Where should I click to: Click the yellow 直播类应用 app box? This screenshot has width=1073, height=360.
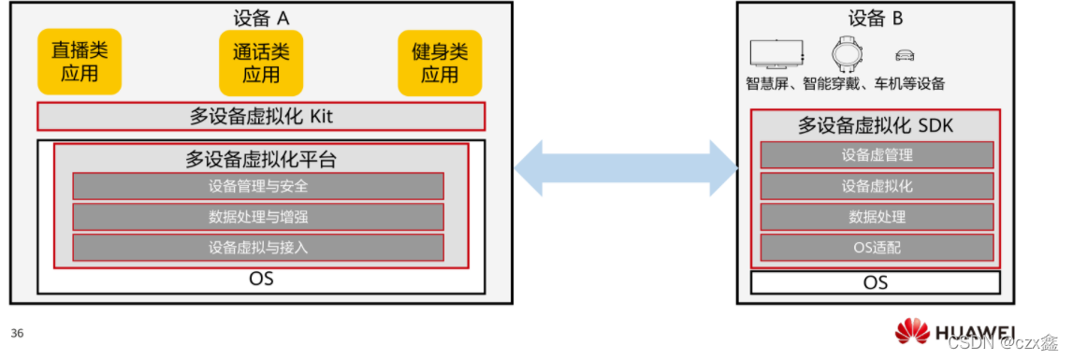click(80, 62)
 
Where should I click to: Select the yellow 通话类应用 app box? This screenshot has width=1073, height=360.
click(261, 63)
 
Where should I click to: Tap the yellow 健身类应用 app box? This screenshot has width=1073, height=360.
click(440, 63)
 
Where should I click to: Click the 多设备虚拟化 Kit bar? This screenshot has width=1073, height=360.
click(261, 117)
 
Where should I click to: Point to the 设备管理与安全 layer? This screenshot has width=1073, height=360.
click(258, 186)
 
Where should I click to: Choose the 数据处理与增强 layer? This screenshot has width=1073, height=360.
click(258, 217)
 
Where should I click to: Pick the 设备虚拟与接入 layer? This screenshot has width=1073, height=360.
click(258, 248)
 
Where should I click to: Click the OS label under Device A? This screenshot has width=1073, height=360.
click(261, 280)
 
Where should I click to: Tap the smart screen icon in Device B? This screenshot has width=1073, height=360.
click(776, 54)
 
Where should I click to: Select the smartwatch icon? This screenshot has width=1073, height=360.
click(848, 53)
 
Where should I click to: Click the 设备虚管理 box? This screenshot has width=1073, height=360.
click(876, 155)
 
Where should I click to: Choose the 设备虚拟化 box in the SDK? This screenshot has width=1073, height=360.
click(876, 186)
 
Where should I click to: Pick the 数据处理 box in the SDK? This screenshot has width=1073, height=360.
click(876, 217)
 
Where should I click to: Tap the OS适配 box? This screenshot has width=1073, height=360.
click(876, 248)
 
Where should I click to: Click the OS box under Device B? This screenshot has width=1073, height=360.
click(876, 282)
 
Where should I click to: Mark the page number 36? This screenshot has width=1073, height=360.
click(17, 333)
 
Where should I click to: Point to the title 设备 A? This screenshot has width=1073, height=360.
click(261, 18)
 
